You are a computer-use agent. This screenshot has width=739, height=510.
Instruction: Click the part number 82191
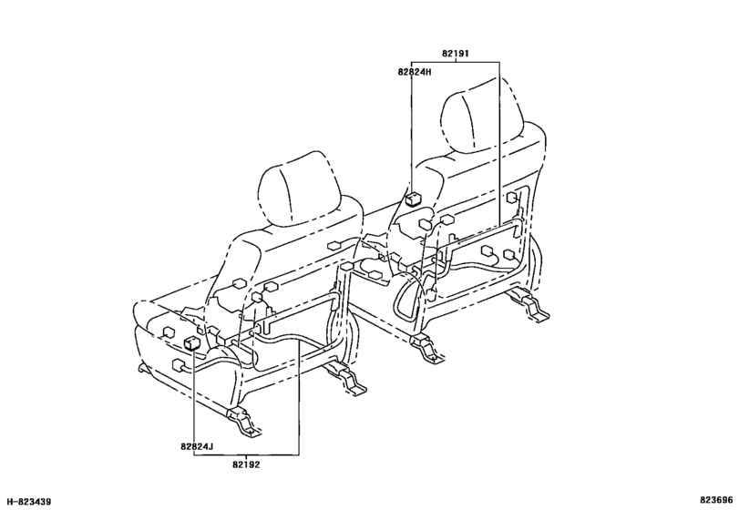455,54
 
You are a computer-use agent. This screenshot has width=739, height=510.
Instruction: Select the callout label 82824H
415,72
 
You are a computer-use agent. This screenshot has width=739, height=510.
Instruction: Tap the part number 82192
245,464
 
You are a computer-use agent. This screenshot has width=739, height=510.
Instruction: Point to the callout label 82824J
197,446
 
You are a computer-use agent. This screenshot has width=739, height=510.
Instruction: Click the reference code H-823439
29,502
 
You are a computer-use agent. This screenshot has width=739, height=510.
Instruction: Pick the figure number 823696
716,500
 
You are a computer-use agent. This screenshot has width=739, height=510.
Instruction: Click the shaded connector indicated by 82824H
414,199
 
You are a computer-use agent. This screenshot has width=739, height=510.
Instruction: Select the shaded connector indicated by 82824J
192,343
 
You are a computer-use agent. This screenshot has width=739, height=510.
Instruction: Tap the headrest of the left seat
301,189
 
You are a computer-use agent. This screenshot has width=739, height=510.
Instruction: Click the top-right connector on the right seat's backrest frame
512,198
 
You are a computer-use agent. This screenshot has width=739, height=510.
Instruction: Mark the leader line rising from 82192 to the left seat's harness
298,398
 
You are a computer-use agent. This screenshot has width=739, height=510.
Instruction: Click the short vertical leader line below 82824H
412,134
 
